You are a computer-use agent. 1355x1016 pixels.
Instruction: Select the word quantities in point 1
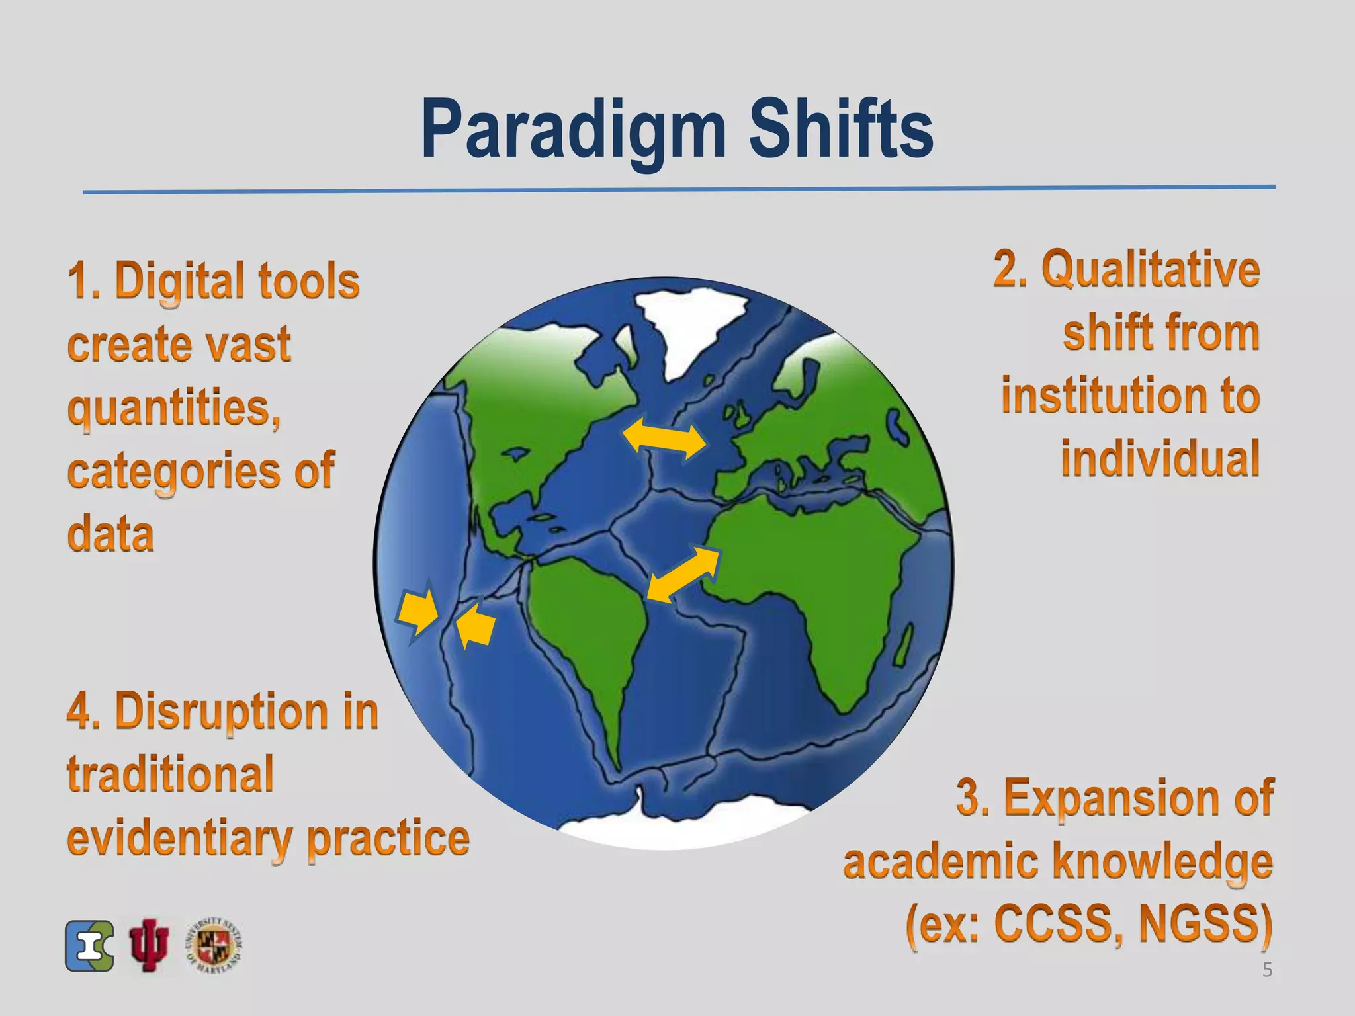(173, 407)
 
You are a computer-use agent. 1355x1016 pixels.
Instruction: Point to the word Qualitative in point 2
(1151, 269)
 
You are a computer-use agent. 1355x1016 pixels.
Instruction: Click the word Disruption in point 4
(221, 712)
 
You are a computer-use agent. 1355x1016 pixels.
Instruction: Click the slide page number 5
(1267, 970)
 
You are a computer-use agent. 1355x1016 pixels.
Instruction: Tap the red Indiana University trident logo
(149, 945)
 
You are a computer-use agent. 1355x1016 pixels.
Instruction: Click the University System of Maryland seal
(214, 945)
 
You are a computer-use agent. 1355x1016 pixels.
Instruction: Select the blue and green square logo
(89, 946)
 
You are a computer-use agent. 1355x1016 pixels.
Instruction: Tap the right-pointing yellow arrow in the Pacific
(418, 610)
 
